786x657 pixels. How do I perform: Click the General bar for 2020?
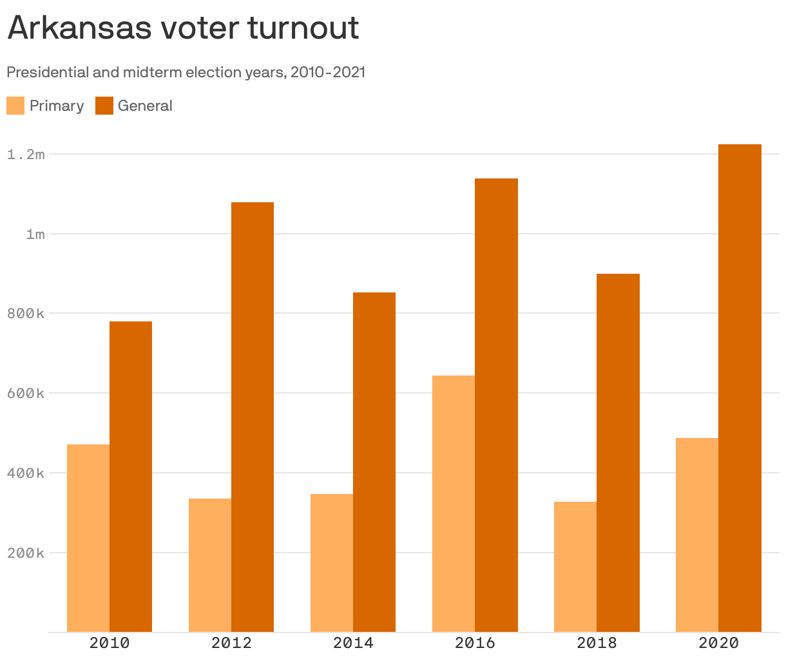[740, 388]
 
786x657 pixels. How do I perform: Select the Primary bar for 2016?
[454, 504]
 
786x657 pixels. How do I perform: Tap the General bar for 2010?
[131, 477]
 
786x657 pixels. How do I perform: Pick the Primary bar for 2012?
[210, 566]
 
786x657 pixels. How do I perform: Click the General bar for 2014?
[374, 462]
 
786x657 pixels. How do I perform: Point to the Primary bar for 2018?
[575, 567]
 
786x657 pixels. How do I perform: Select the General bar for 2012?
[253, 417]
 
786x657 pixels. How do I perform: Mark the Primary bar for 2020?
[697, 535]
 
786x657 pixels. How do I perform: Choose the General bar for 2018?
[618, 453]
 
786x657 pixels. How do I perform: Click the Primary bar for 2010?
[88, 538]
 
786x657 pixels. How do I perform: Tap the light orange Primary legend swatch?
[15, 106]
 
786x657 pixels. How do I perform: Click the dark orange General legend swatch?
[104, 106]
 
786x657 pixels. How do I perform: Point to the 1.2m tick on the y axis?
[26, 155]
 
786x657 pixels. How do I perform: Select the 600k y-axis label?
[26, 394]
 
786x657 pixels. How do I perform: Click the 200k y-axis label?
[26, 553]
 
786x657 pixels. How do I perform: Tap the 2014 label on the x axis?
[353, 643]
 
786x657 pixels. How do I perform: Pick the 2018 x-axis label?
[597, 643]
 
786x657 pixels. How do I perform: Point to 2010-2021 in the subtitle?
[328, 72]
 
